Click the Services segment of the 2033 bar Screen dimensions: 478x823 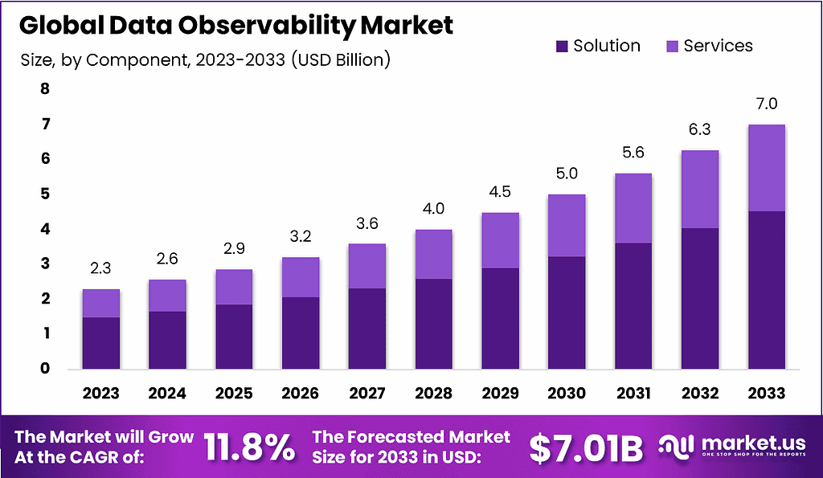(x=766, y=168)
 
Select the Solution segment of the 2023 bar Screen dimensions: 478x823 (x=100, y=343)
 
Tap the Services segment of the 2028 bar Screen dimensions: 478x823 (x=433, y=254)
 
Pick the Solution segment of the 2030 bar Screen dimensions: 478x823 (x=566, y=313)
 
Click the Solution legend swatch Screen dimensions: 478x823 (x=562, y=47)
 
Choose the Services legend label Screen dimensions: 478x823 (x=718, y=46)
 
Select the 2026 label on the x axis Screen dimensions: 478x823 (x=300, y=393)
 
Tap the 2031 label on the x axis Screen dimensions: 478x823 (x=633, y=393)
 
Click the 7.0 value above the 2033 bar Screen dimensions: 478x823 (x=766, y=104)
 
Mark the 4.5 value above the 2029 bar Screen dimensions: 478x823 (x=500, y=192)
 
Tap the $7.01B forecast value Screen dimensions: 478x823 (x=586, y=448)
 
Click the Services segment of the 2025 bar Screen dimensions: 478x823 (x=234, y=287)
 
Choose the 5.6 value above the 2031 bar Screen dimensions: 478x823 (x=633, y=153)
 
